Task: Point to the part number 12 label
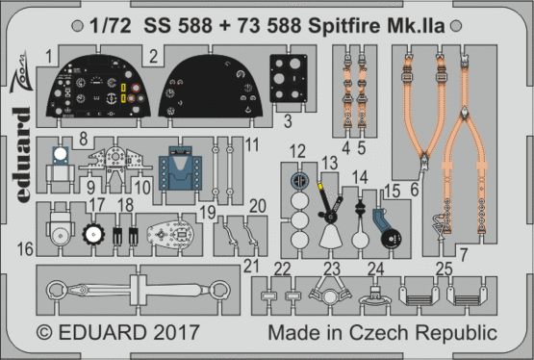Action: pyautogui.click(x=299, y=150)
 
